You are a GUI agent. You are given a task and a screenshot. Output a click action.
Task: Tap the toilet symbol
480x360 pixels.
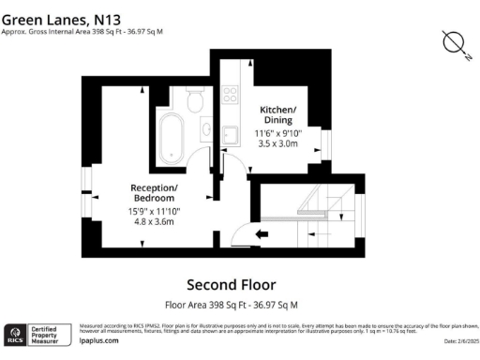[195, 100]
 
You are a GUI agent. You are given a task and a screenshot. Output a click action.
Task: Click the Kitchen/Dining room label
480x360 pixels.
[277, 115]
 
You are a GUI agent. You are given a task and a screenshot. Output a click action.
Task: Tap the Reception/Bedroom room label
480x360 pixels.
[154, 193]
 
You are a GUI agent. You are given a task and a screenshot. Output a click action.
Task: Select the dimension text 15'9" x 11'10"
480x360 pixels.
[154, 212]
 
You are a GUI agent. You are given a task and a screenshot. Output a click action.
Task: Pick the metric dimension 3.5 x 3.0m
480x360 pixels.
[277, 144]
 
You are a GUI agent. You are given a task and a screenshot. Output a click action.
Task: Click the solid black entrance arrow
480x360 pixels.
[262, 233]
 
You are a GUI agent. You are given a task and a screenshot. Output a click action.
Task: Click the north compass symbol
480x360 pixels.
[455, 43]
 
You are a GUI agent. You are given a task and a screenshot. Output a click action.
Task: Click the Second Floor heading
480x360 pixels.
[231, 285]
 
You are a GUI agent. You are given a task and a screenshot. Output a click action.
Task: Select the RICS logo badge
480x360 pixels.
[16, 334]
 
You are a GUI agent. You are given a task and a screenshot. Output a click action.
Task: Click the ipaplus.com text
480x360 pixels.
[97, 341]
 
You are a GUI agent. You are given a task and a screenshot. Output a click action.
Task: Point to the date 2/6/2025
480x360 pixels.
[455, 341]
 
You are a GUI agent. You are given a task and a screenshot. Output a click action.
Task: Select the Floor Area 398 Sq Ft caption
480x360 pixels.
[231, 305]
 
